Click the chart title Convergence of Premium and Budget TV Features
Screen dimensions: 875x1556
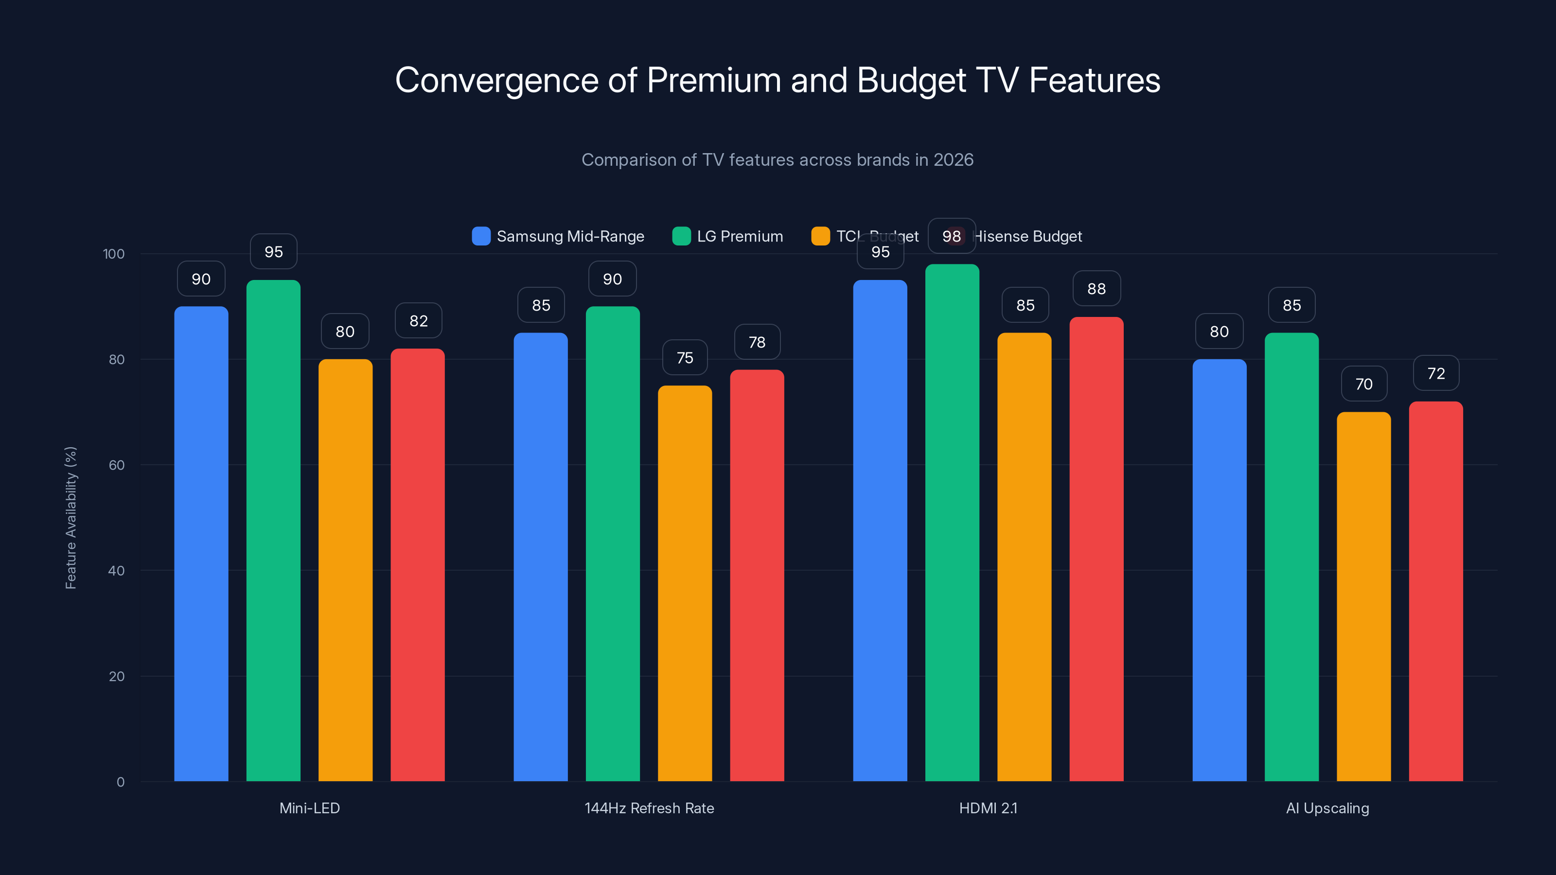click(778, 80)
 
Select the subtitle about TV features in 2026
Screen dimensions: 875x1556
click(778, 160)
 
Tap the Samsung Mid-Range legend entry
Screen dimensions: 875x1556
click(558, 236)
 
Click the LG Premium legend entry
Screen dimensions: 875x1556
click(728, 236)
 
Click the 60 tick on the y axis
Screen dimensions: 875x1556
click(117, 465)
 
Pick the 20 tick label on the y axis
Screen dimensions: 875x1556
click(117, 676)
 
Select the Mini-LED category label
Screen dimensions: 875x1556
click(309, 808)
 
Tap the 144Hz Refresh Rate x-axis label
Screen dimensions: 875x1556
click(649, 808)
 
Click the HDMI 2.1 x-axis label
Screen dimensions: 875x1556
click(988, 808)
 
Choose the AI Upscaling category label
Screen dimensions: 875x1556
click(1327, 808)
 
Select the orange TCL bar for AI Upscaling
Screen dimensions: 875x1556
click(1363, 598)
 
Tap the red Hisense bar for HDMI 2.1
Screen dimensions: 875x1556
click(1096, 549)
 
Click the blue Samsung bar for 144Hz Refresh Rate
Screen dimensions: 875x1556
click(541, 556)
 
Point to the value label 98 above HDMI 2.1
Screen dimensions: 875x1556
click(952, 236)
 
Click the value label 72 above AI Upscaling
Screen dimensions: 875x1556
click(1436, 373)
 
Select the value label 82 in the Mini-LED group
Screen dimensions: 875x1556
click(418, 321)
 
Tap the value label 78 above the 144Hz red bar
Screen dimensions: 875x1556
click(757, 342)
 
